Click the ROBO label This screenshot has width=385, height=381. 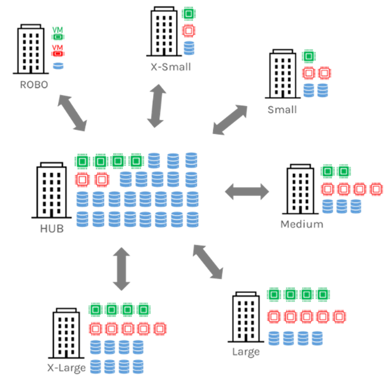[x=34, y=85]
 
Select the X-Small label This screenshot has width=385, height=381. [x=171, y=67]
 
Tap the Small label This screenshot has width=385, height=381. [x=282, y=110]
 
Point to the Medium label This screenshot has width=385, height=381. [x=302, y=224]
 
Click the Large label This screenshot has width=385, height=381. [x=246, y=352]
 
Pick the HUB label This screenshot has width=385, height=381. [x=52, y=228]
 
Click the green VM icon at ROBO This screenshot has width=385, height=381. [x=58, y=33]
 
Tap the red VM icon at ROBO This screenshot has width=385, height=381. [x=58, y=51]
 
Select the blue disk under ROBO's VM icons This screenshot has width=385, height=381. [x=58, y=66]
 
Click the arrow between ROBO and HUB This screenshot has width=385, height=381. [x=72, y=113]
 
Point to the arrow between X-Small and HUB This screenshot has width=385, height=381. [x=156, y=106]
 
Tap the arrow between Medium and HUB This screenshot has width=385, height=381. [x=247, y=192]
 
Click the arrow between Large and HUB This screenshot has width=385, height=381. [x=207, y=262]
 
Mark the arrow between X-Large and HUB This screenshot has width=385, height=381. [x=121, y=269]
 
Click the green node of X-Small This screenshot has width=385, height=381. [x=188, y=13]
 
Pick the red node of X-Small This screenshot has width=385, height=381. [x=188, y=30]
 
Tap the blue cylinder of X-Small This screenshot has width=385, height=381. [x=189, y=48]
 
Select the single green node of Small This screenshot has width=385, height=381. [x=309, y=56]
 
